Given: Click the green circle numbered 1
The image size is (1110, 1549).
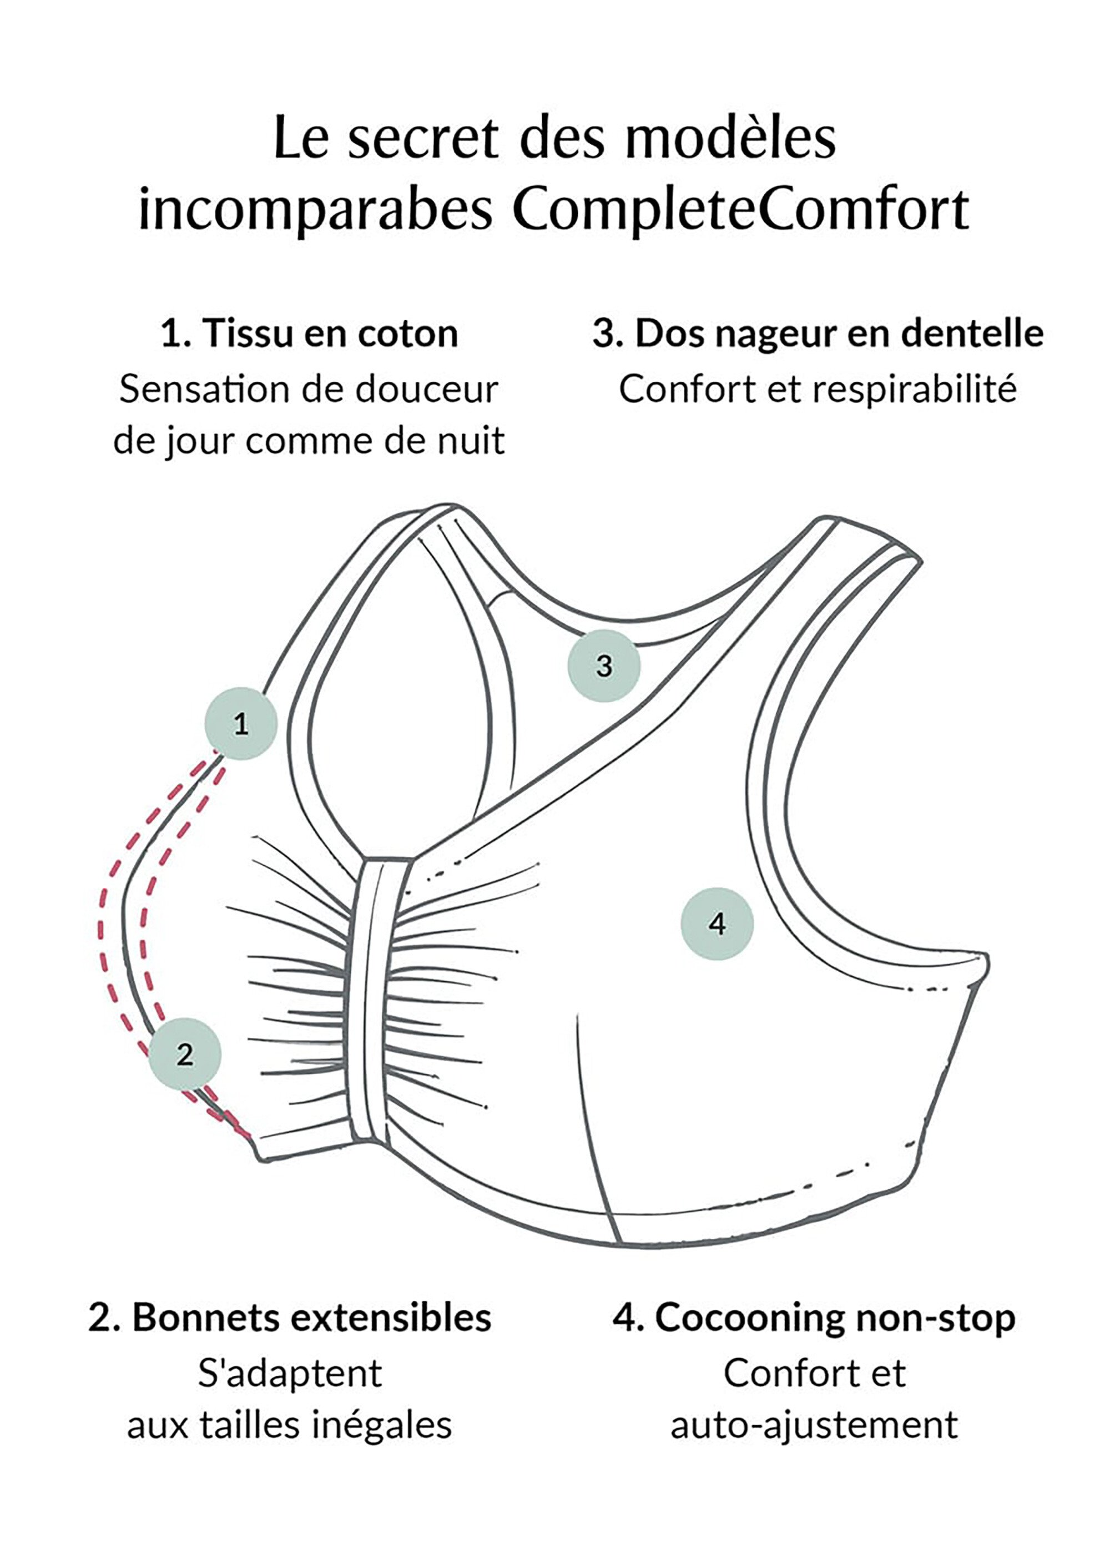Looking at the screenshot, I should tap(240, 723).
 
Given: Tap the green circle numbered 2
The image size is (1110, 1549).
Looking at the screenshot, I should tap(184, 1054).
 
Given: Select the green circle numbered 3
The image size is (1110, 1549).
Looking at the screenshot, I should tap(604, 665).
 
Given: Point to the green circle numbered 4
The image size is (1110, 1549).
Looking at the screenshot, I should tap(717, 924).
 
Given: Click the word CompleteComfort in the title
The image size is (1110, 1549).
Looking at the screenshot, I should tap(740, 208).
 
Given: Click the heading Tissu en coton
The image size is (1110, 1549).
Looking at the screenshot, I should tap(309, 334).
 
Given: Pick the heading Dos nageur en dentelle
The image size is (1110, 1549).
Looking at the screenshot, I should tap(818, 334).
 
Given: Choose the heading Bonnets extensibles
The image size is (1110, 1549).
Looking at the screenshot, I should tap(290, 1318).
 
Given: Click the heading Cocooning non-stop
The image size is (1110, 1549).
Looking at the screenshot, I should tap(814, 1318).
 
